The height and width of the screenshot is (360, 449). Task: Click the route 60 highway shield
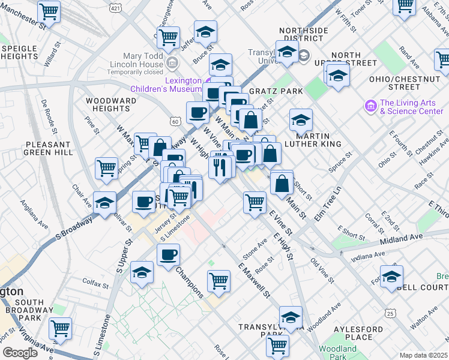[175, 121]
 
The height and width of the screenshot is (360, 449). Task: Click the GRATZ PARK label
[270, 91]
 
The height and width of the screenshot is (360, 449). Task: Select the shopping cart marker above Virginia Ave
[60, 328]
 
